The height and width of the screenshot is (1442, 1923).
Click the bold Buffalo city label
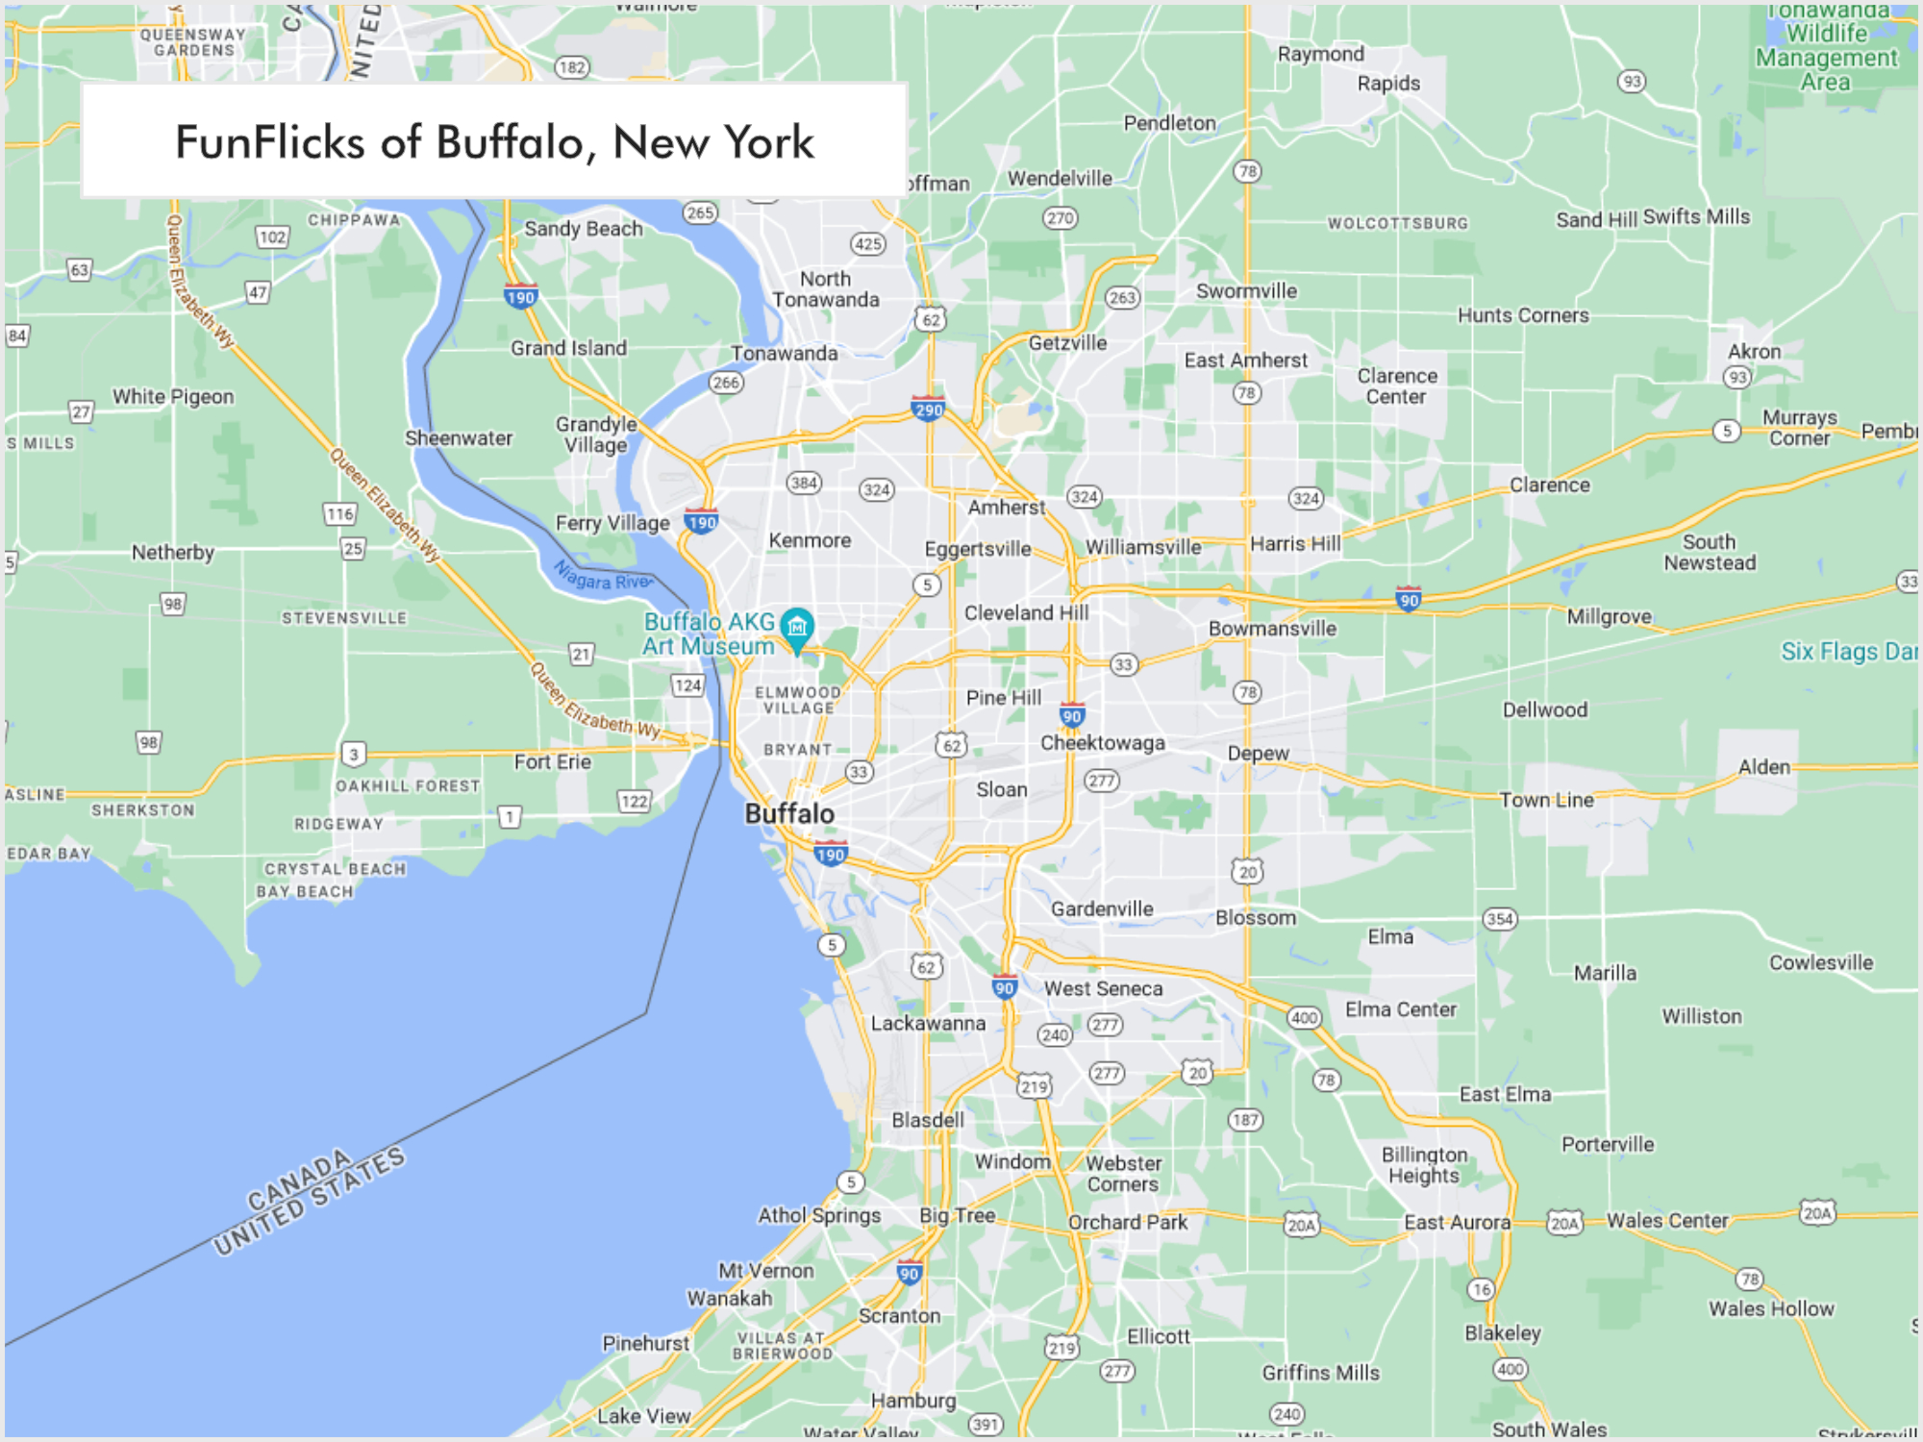pyautogui.click(x=789, y=814)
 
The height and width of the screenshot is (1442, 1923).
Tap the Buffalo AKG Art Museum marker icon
pyautogui.click(x=797, y=628)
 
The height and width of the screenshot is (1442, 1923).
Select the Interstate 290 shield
pyautogui.click(x=928, y=409)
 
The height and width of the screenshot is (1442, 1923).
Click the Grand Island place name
pyautogui.click(x=568, y=348)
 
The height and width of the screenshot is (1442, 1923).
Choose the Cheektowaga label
pyautogui.click(x=1102, y=743)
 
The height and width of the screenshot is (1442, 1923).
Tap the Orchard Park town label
pyautogui.click(x=1128, y=1222)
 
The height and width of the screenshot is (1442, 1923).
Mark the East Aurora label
pyautogui.click(x=1457, y=1222)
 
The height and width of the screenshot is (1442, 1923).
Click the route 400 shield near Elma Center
pyautogui.click(x=1304, y=1017)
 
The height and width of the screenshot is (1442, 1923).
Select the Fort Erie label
pyautogui.click(x=552, y=762)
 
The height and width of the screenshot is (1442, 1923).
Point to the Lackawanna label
pyautogui.click(x=928, y=1024)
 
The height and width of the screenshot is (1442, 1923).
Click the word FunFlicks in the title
pyautogui.click(x=269, y=142)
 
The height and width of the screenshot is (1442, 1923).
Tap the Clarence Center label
pyautogui.click(x=1397, y=385)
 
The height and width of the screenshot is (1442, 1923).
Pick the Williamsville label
pyautogui.click(x=1143, y=547)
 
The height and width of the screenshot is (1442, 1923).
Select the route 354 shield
pyautogui.click(x=1499, y=918)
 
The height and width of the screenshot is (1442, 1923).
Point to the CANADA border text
pyautogui.click(x=299, y=1181)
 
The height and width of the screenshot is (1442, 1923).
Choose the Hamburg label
pyautogui.click(x=913, y=1401)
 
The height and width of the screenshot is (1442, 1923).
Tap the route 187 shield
pyautogui.click(x=1245, y=1119)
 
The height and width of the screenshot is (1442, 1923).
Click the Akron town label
pyautogui.click(x=1754, y=352)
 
